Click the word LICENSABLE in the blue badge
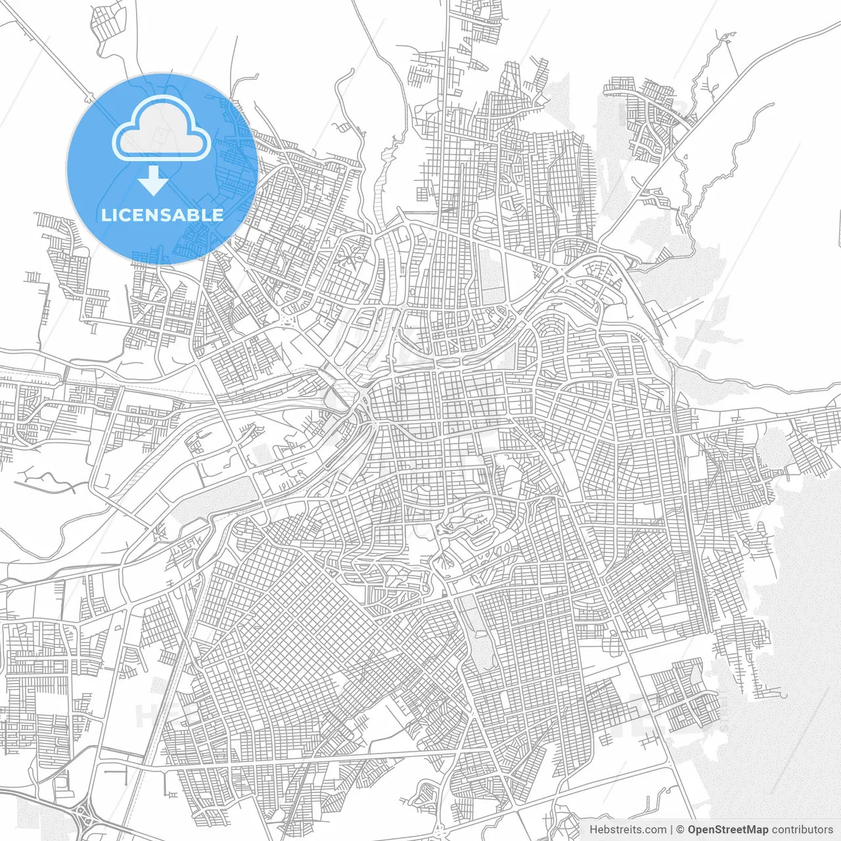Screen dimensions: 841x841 [x=162, y=215]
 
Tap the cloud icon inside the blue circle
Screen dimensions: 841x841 [x=162, y=129]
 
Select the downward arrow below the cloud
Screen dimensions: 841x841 [x=154, y=180]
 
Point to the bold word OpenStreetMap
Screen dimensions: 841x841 [x=727, y=830]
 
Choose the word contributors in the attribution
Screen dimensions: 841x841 [x=802, y=830]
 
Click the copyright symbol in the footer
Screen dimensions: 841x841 [x=680, y=830]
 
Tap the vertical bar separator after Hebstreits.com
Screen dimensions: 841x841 [x=671, y=830]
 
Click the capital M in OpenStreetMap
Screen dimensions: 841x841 [x=756, y=830]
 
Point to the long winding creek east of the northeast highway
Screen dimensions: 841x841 [x=723, y=164]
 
